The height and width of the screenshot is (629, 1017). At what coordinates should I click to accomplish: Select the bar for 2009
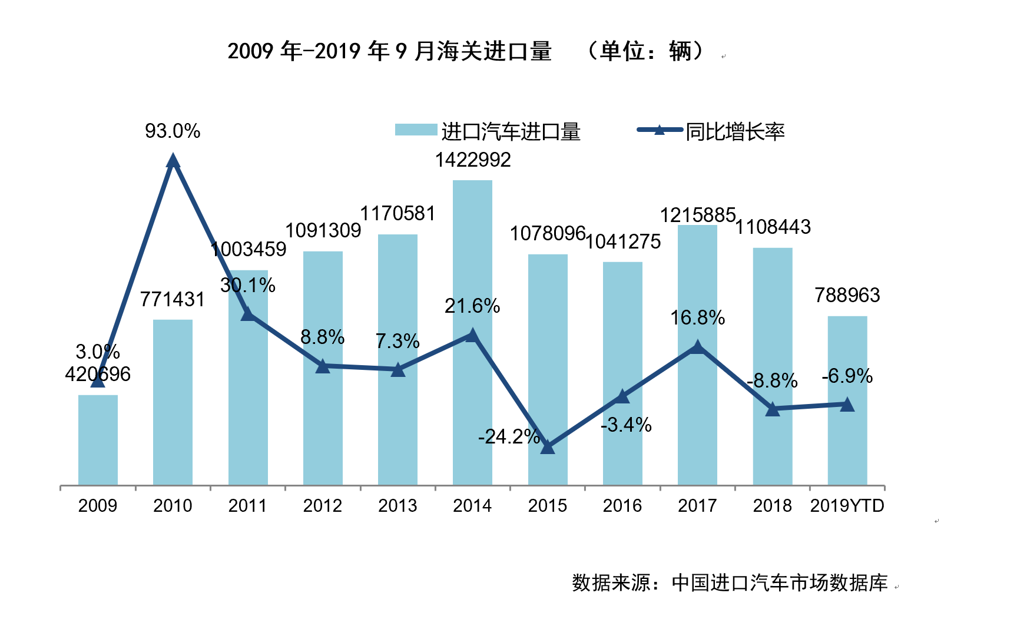coord(98,442)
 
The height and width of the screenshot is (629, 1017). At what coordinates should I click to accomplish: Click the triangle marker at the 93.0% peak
coord(173,161)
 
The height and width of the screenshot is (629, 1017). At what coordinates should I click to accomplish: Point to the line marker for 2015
coord(547,447)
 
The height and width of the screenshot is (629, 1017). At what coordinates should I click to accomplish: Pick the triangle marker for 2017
coord(697,347)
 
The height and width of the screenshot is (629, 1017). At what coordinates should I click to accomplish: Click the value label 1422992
coord(472,160)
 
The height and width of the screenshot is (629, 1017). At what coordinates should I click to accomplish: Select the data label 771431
coord(172,299)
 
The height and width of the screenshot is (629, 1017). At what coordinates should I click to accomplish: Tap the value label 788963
coord(847,295)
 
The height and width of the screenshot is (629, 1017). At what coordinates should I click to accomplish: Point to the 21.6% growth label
coord(472,306)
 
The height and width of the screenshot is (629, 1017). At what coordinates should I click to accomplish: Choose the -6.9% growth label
coord(847,376)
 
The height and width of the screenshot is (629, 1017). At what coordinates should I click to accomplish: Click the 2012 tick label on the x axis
coord(322,505)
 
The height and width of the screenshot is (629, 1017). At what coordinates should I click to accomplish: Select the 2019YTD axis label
coord(847,505)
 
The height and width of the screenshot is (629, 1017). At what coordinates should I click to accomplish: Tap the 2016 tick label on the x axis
coord(622,505)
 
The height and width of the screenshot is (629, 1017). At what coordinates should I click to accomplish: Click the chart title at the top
coord(465,51)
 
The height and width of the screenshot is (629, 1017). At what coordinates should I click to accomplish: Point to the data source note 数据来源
coord(730,582)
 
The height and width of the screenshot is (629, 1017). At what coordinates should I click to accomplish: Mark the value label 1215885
coord(697,215)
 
